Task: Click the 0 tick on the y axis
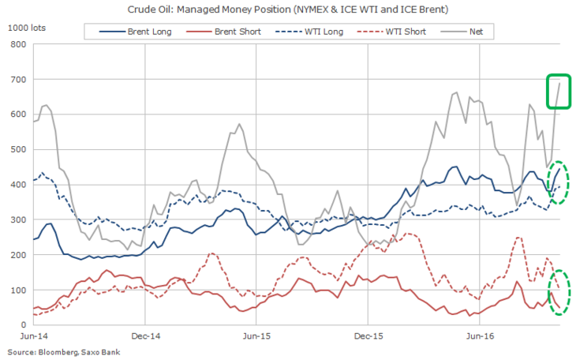pos(23,324)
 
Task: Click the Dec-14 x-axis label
pos(145,336)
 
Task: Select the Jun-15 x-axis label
pos(257,336)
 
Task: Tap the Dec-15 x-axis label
pos(368,336)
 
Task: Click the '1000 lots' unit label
pos(27,27)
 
